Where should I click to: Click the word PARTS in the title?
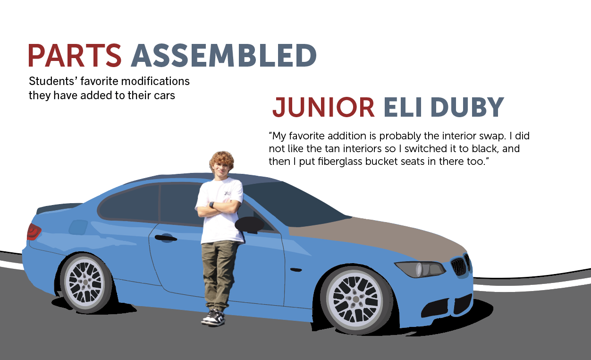[x=75, y=55]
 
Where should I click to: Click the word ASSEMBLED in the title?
[x=224, y=55]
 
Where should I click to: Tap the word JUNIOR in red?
[x=323, y=107]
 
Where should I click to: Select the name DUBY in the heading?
[x=467, y=107]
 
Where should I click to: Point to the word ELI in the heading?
[x=403, y=107]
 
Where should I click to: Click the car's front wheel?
[x=355, y=300]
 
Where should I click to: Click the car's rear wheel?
[x=85, y=283]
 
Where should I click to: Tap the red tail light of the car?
[x=34, y=232]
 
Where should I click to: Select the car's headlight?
[x=420, y=269]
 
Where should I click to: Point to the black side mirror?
[x=249, y=225]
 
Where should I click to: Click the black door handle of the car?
[x=166, y=238]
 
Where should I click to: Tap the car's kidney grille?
[x=460, y=265]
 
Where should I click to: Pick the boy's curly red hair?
[x=222, y=159]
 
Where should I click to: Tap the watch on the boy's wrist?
[x=211, y=205]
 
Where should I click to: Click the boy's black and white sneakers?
[x=214, y=318]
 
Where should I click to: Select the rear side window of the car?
[x=129, y=203]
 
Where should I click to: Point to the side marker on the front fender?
[x=296, y=270]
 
